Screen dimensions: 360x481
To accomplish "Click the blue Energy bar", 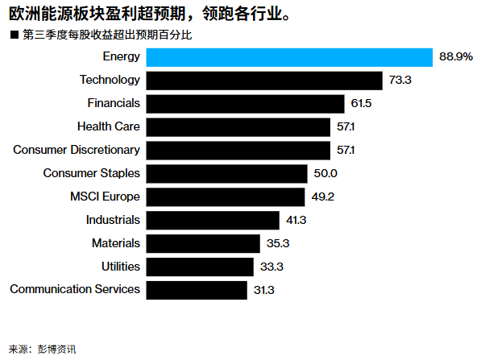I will coord(290,57).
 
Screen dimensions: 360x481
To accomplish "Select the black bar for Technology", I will coord(263,81).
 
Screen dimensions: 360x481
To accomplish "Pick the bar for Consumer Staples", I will coord(226,174).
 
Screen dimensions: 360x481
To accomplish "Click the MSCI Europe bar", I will coord(226,197).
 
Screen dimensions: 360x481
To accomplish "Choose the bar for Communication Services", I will coord(197,290).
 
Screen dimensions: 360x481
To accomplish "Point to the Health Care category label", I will coord(109,126).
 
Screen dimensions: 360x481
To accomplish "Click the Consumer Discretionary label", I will coord(77,150).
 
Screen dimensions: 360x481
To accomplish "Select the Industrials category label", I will coord(113,220).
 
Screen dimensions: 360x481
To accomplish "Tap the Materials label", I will coord(116,243).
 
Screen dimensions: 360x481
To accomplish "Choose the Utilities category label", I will coord(121,267).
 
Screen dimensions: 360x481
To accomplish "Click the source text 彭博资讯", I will coord(60,349).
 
